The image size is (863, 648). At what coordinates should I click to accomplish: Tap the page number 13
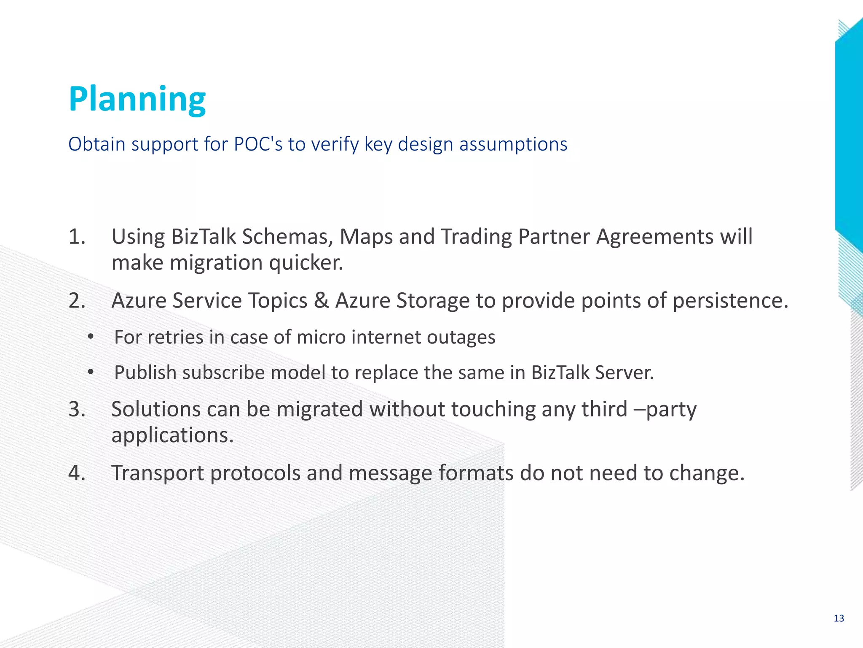pos(839,618)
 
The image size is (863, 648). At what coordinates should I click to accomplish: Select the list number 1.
pos(77,237)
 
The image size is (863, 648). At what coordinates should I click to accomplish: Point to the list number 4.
pos(77,473)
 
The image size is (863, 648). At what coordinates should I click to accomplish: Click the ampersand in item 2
pos(321,301)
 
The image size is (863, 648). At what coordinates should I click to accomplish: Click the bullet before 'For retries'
pos(90,337)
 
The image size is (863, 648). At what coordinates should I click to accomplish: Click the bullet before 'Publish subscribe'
pos(90,373)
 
